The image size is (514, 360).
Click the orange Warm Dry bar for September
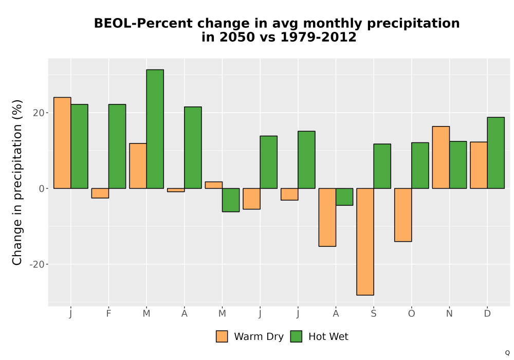(x=365, y=242)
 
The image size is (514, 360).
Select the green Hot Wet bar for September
(x=382, y=166)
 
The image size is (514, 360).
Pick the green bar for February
(x=117, y=146)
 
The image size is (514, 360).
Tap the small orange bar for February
(x=100, y=193)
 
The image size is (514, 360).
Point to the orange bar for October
(x=403, y=215)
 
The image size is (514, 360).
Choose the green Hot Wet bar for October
(x=420, y=166)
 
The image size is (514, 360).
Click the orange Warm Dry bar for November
(x=441, y=157)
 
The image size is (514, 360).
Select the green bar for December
(x=495, y=153)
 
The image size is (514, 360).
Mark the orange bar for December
(x=479, y=165)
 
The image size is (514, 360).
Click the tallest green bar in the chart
(x=155, y=129)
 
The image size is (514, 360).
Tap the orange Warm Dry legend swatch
(x=222, y=336)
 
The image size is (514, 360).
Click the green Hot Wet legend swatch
(x=296, y=336)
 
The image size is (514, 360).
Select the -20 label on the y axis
(x=36, y=264)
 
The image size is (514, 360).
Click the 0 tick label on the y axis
(x=42, y=189)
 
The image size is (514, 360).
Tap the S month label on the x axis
(x=374, y=314)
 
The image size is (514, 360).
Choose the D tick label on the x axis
(x=487, y=314)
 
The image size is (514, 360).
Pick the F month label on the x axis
(x=108, y=314)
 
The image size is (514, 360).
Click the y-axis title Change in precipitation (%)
(x=17, y=182)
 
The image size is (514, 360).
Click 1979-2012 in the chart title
(x=318, y=37)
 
